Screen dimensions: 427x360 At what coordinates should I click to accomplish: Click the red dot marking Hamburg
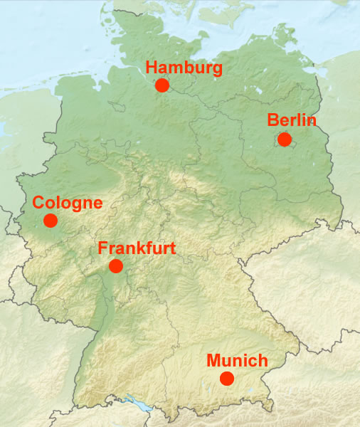[162, 85]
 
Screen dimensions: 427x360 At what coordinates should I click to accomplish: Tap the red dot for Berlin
[285, 139]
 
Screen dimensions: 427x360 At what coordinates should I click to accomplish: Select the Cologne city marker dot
[51, 221]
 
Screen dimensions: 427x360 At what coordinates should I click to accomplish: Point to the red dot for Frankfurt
[116, 266]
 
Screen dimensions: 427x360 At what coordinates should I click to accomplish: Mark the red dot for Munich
[227, 379]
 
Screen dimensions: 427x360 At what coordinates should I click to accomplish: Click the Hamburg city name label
[184, 68]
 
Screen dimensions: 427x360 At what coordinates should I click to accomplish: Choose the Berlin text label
[292, 120]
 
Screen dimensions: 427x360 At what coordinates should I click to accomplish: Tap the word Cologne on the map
[68, 204]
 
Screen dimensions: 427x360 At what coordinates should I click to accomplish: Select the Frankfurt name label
[137, 248]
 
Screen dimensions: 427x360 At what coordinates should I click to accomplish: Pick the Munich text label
[237, 361]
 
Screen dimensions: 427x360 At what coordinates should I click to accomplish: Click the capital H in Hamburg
[150, 68]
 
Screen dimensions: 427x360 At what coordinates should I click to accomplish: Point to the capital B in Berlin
[273, 120]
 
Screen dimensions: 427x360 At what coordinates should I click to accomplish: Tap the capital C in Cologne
[38, 204]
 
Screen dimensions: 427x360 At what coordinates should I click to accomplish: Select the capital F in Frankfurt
[102, 248]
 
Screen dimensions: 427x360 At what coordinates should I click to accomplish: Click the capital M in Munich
[213, 361]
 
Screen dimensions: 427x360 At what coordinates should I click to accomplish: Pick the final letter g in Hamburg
[218, 70]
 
